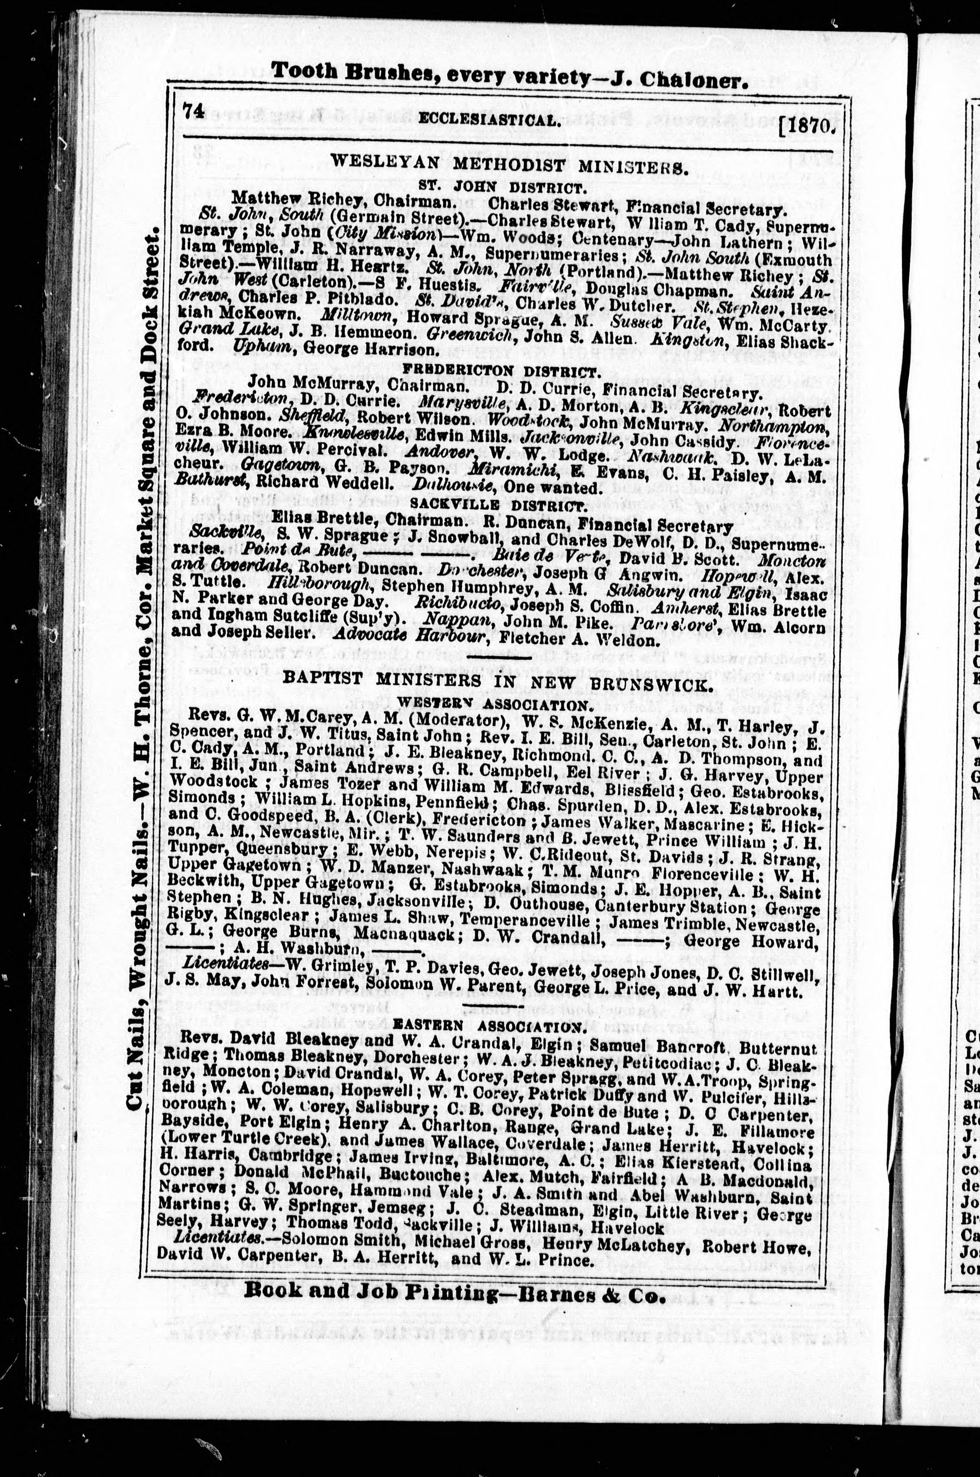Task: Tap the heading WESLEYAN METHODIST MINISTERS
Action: point(509,168)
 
